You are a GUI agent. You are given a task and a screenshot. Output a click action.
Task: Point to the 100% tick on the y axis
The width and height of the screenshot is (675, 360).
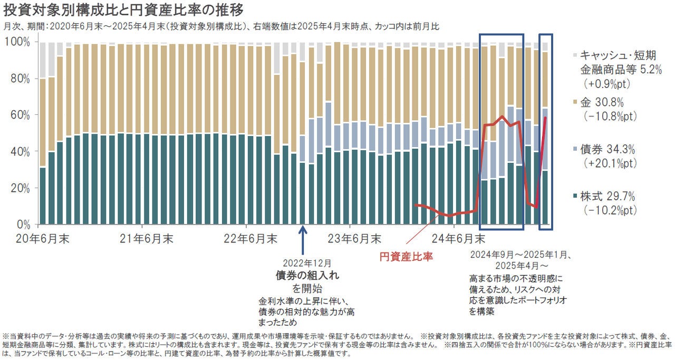[x=21, y=42]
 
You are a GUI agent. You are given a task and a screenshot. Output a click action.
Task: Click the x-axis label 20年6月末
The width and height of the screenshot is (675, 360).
[x=42, y=239]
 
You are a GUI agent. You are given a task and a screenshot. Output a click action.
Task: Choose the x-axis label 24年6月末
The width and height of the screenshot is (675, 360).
[x=458, y=239]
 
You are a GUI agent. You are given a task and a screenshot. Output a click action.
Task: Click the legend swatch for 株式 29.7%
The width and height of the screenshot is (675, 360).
[x=573, y=197]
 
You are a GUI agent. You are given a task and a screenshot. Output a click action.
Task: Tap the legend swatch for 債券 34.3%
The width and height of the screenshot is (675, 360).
[x=573, y=150]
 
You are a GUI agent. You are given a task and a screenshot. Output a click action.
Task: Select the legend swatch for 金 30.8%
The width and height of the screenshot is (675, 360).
[x=573, y=102]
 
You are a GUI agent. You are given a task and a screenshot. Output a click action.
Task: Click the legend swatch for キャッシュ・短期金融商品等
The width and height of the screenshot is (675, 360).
[x=573, y=55]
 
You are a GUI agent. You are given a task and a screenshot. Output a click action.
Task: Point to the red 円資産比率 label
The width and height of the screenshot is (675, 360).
[x=407, y=257]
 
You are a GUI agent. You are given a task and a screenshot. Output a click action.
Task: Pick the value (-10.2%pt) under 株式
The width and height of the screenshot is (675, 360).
[x=610, y=210]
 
